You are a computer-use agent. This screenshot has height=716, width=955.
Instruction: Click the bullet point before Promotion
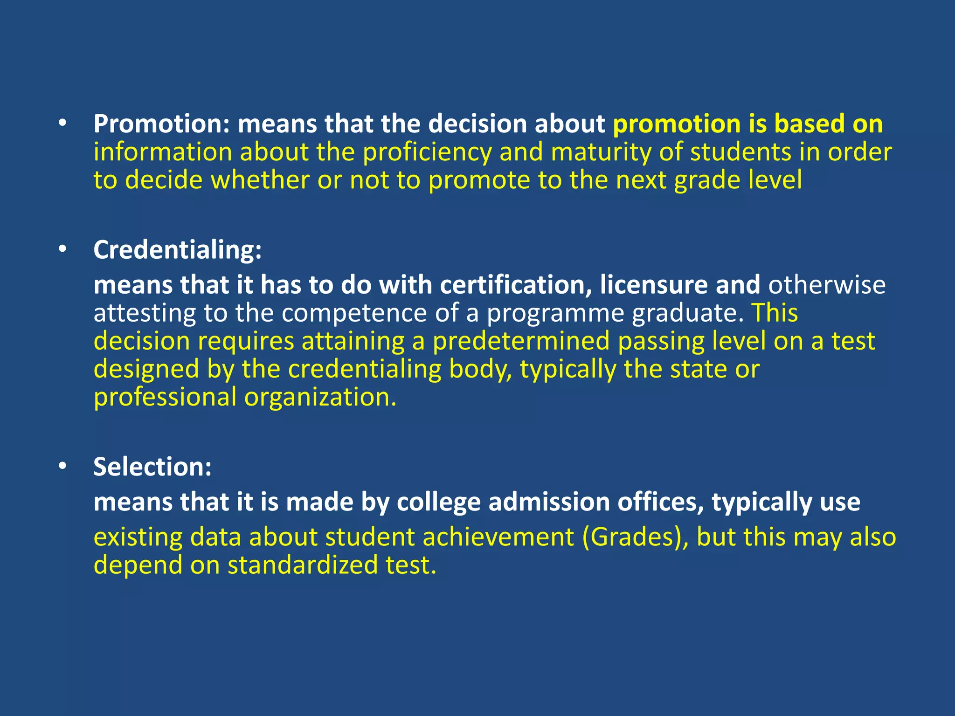click(63, 124)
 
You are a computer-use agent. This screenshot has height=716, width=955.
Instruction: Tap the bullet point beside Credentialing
click(63, 250)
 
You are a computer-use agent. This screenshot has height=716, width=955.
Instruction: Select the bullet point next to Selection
click(63, 467)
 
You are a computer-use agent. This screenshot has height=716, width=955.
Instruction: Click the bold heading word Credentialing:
click(178, 250)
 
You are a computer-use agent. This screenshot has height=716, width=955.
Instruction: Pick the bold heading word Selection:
click(152, 467)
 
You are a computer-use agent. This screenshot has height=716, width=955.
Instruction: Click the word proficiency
click(427, 152)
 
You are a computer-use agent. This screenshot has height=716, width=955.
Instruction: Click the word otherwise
click(827, 285)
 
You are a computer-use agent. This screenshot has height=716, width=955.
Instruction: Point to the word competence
click(354, 313)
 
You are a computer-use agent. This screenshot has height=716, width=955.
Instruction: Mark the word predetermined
click(521, 341)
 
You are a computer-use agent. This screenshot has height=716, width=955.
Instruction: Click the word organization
click(320, 398)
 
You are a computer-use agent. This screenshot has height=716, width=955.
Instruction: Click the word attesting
click(145, 314)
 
